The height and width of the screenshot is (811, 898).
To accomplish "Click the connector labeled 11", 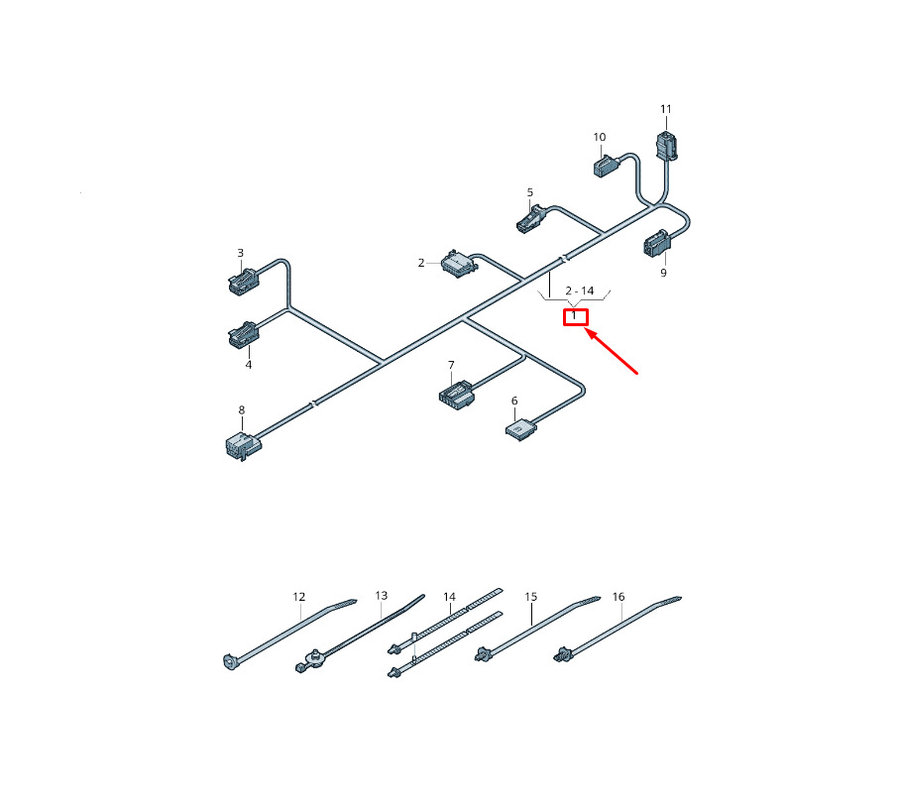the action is click(x=667, y=146).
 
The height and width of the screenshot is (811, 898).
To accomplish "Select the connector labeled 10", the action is click(x=605, y=167).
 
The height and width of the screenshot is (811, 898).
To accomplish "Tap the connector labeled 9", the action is click(x=656, y=244).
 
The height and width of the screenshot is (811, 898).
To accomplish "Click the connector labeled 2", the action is click(x=459, y=264).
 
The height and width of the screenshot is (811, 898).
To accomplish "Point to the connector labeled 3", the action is click(x=243, y=281).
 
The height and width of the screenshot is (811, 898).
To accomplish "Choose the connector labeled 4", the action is click(x=244, y=334).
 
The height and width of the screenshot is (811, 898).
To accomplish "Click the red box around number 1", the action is click(x=576, y=317).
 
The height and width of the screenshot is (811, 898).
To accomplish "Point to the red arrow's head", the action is click(x=588, y=331).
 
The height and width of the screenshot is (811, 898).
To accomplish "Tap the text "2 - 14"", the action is click(x=580, y=290).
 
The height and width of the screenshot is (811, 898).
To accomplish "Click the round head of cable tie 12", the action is click(x=230, y=662).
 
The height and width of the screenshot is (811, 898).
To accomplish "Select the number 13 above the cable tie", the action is click(x=382, y=596).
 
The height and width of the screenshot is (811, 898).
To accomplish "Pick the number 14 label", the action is click(x=450, y=598).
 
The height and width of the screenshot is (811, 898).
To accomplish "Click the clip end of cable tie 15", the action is click(x=483, y=653).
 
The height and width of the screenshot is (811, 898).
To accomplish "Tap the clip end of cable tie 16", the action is click(x=562, y=654).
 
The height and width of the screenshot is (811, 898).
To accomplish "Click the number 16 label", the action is click(x=618, y=597).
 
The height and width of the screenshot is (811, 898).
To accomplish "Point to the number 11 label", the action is click(x=665, y=109).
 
